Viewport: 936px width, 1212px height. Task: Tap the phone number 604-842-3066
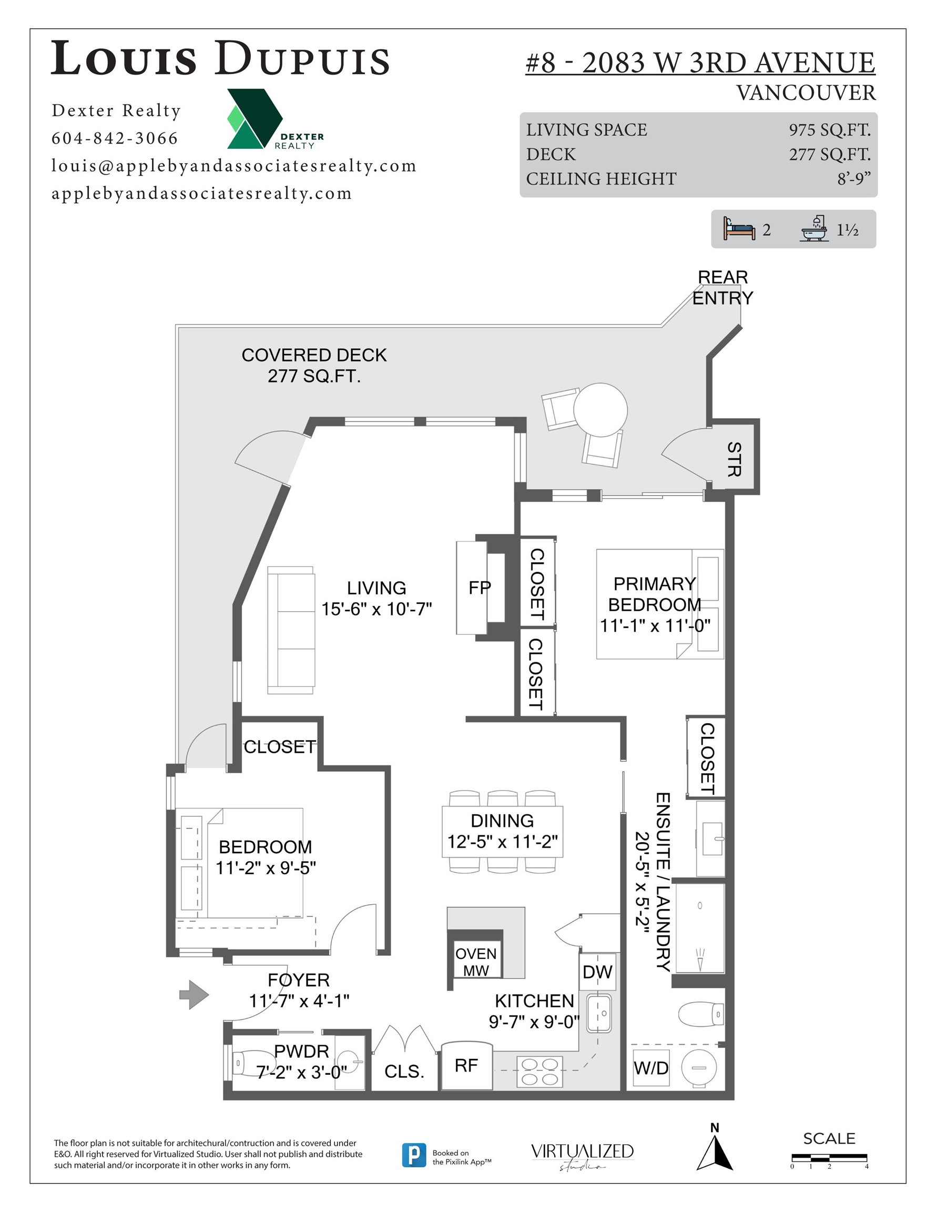point(115,138)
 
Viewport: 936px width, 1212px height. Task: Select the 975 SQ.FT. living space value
point(829,130)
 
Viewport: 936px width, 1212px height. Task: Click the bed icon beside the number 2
point(739,229)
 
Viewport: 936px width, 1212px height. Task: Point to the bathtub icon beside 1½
point(814,229)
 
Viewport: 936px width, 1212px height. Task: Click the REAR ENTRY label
point(723,287)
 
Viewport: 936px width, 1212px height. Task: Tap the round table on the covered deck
point(601,410)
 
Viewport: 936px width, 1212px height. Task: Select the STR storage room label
point(734,459)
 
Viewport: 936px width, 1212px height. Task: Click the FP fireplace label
point(480,588)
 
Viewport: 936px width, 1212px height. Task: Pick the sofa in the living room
point(291,630)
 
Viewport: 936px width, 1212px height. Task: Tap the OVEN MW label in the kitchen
point(476,962)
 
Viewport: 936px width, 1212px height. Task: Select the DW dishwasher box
point(597,972)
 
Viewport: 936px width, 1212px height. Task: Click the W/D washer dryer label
point(651,1068)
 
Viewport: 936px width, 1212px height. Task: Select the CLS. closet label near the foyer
point(404,1071)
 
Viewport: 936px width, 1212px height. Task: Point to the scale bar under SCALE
point(829,1158)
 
